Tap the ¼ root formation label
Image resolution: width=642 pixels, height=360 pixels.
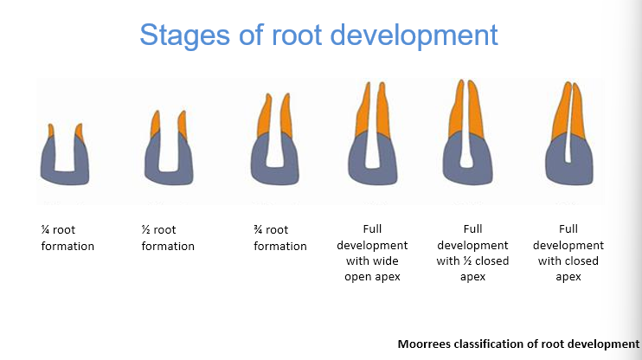coord(67,238)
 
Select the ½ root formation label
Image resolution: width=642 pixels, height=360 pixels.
coord(168,238)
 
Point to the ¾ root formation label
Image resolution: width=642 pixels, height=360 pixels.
coord(279,238)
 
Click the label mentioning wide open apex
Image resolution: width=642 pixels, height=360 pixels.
coord(372,253)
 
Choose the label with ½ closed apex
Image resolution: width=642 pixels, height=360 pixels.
coord(472,253)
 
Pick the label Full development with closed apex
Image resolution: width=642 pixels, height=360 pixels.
coord(568,253)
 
